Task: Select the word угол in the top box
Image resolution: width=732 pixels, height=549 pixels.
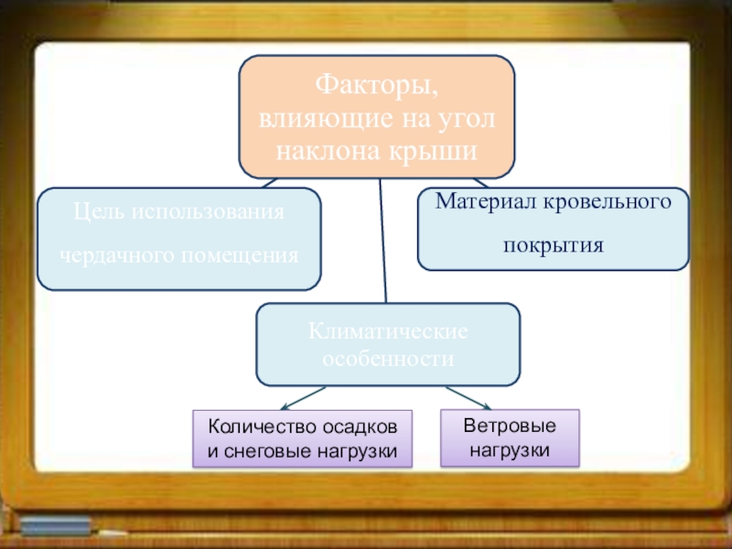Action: (x=468, y=118)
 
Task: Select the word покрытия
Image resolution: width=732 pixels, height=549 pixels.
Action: (x=553, y=245)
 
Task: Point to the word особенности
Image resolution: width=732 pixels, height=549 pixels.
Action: (x=388, y=359)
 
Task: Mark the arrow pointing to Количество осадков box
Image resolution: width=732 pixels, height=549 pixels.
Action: (x=302, y=399)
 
